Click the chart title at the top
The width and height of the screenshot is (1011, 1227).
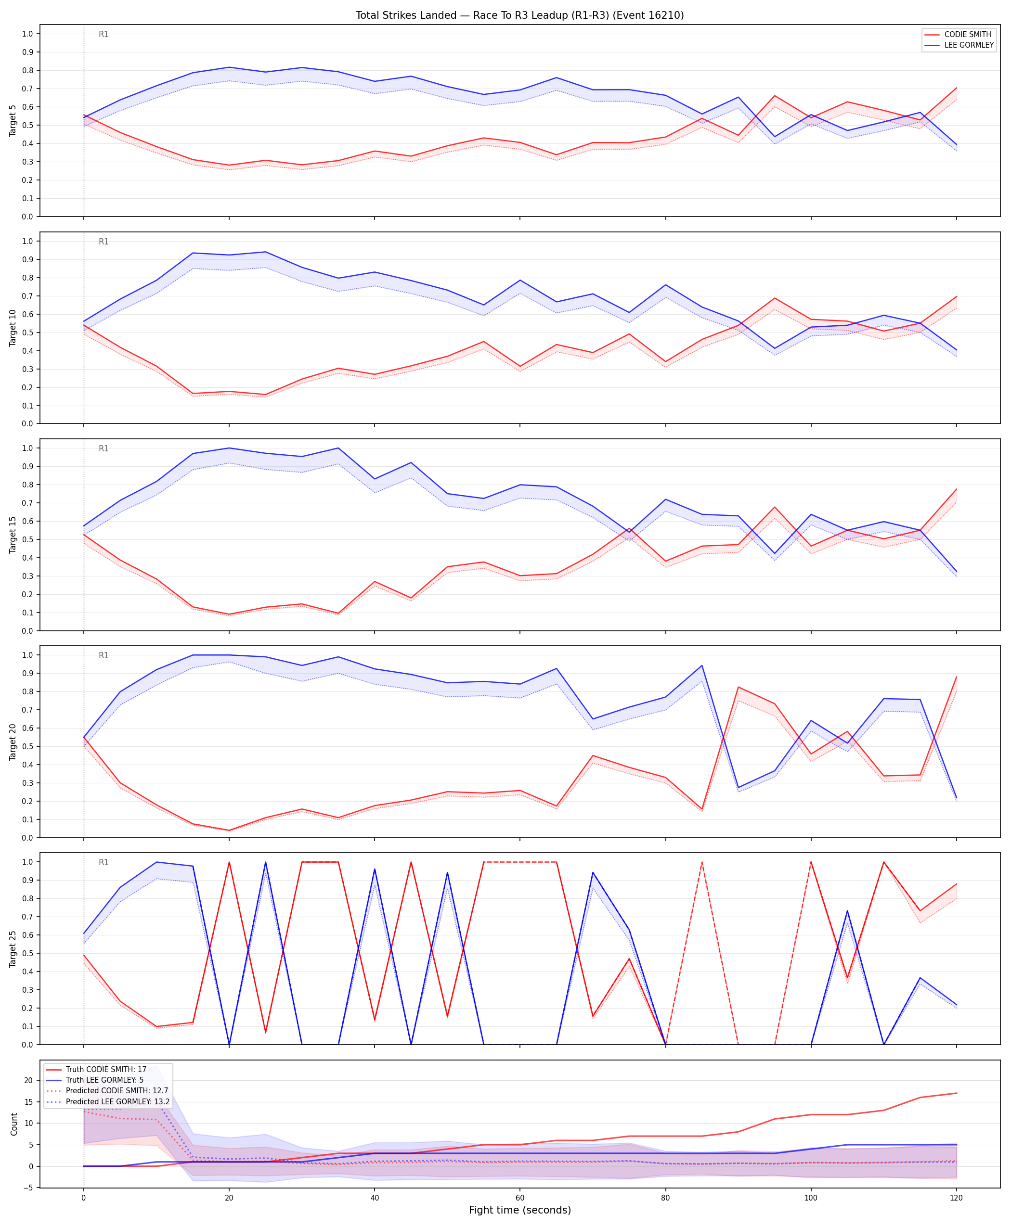click(519, 15)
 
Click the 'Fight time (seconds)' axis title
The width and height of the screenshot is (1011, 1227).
click(519, 1210)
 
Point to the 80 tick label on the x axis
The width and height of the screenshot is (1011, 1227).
click(666, 1197)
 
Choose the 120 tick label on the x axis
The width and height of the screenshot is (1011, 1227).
click(956, 1197)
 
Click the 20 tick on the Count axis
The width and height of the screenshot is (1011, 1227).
click(28, 1080)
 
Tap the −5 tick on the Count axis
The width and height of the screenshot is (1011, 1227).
click(27, 1188)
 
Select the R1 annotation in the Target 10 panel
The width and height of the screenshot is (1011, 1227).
click(104, 242)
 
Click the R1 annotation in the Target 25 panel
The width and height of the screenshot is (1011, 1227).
click(104, 862)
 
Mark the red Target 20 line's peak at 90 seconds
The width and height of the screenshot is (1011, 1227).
click(739, 687)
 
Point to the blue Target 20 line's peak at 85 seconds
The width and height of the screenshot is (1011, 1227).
click(702, 665)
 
